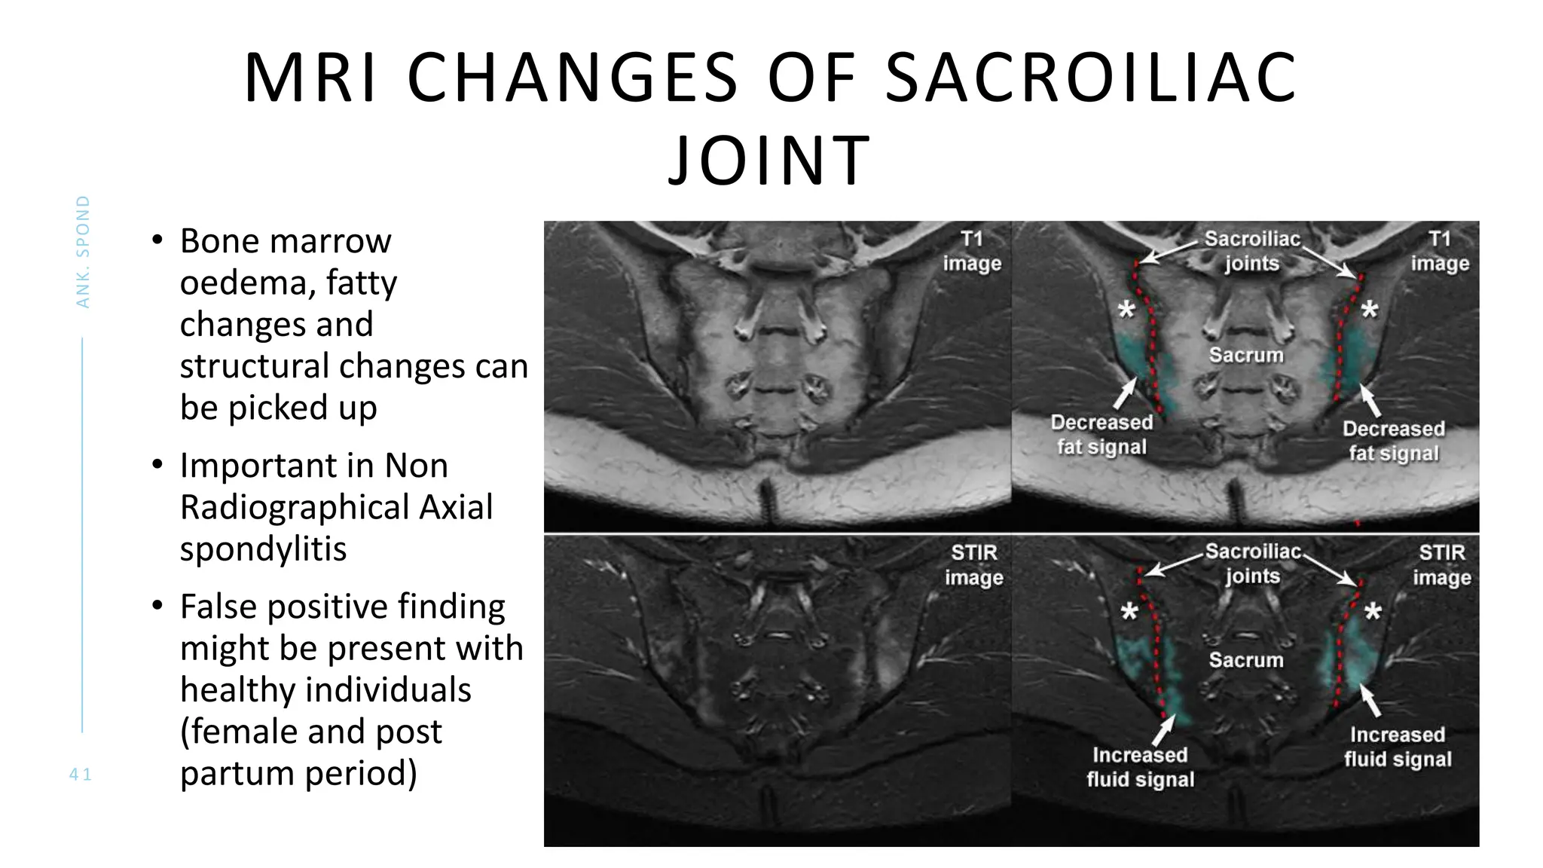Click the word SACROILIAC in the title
pyautogui.click(x=1091, y=78)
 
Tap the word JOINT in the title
pyautogui.click(x=769, y=160)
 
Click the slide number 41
pyautogui.click(x=81, y=774)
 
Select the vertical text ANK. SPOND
pyautogui.click(x=83, y=252)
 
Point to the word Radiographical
pyautogui.click(x=336, y=507)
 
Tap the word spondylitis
pyautogui.click(x=263, y=549)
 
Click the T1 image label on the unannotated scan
pyautogui.click(x=972, y=251)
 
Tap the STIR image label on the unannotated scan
pyautogui.click(x=973, y=564)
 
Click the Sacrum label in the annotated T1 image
pyautogui.click(x=1246, y=355)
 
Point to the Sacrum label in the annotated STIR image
pyautogui.click(x=1246, y=660)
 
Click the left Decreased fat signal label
pyautogui.click(x=1101, y=434)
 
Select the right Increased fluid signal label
pyautogui.click(x=1398, y=746)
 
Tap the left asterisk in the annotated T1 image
pyautogui.click(x=1126, y=310)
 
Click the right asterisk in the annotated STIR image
pyautogui.click(x=1373, y=612)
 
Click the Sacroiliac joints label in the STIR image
pyautogui.click(x=1252, y=564)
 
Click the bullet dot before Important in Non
pyautogui.click(x=157, y=464)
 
